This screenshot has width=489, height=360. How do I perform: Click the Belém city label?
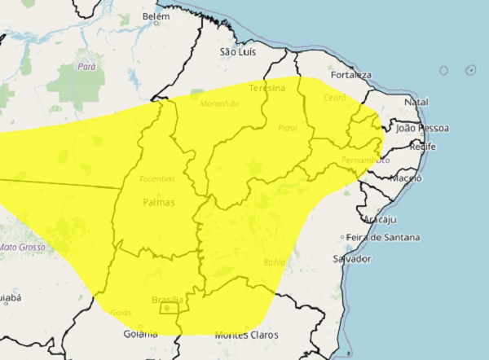[155, 16]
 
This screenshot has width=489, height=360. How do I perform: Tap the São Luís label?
[239, 51]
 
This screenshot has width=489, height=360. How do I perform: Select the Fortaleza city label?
[350, 75]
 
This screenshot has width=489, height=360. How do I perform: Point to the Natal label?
[416, 103]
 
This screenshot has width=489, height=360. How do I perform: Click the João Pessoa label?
[421, 128]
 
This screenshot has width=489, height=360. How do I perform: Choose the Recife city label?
[422, 147]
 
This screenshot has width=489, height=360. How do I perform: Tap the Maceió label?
[405, 178]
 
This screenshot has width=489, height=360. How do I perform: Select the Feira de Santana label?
[383, 238]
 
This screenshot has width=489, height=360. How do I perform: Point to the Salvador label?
[352, 258]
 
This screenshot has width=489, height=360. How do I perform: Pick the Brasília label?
[167, 300]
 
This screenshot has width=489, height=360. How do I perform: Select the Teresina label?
[267, 87]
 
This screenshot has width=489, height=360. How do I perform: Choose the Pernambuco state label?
[359, 160]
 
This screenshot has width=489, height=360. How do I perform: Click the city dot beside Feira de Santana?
[343, 238]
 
